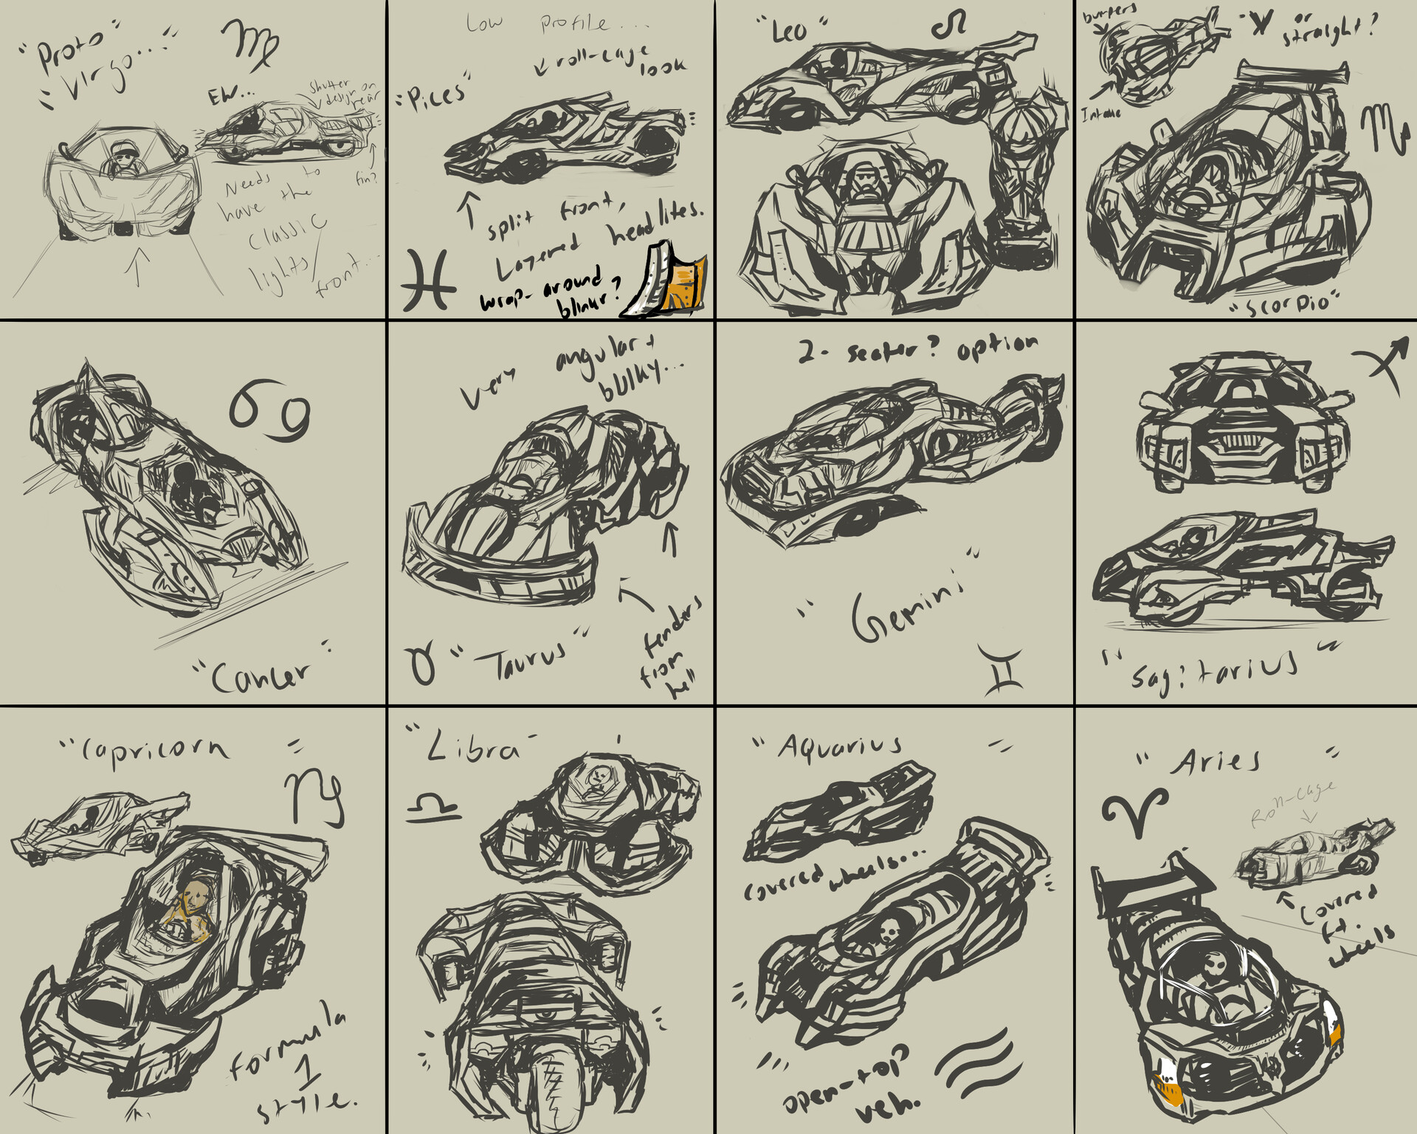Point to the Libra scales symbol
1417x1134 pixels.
[432, 807]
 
